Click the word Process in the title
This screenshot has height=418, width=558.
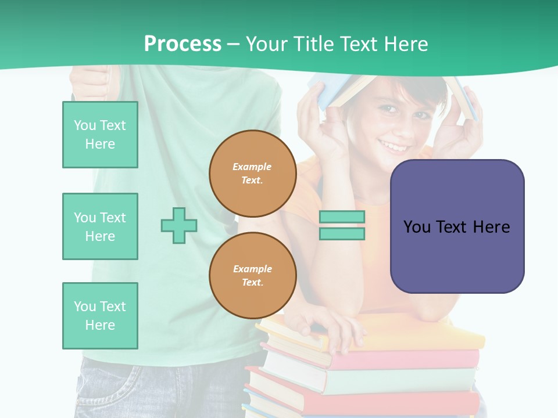pos(183,44)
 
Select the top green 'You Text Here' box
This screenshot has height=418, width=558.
pos(100,135)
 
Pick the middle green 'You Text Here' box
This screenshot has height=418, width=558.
pos(100,226)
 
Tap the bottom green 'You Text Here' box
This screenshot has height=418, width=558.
pos(100,316)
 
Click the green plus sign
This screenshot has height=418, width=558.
pos(179,225)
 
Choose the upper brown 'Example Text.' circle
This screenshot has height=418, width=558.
pos(252,174)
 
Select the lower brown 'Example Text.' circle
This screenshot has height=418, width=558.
pos(252,276)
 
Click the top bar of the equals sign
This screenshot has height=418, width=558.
pos(342,217)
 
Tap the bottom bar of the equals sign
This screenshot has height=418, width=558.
pos(342,234)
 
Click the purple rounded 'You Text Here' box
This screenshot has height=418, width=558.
pos(457,226)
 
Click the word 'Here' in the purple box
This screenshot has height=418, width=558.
pos(491,226)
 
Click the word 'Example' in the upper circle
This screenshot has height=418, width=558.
pos(252,167)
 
